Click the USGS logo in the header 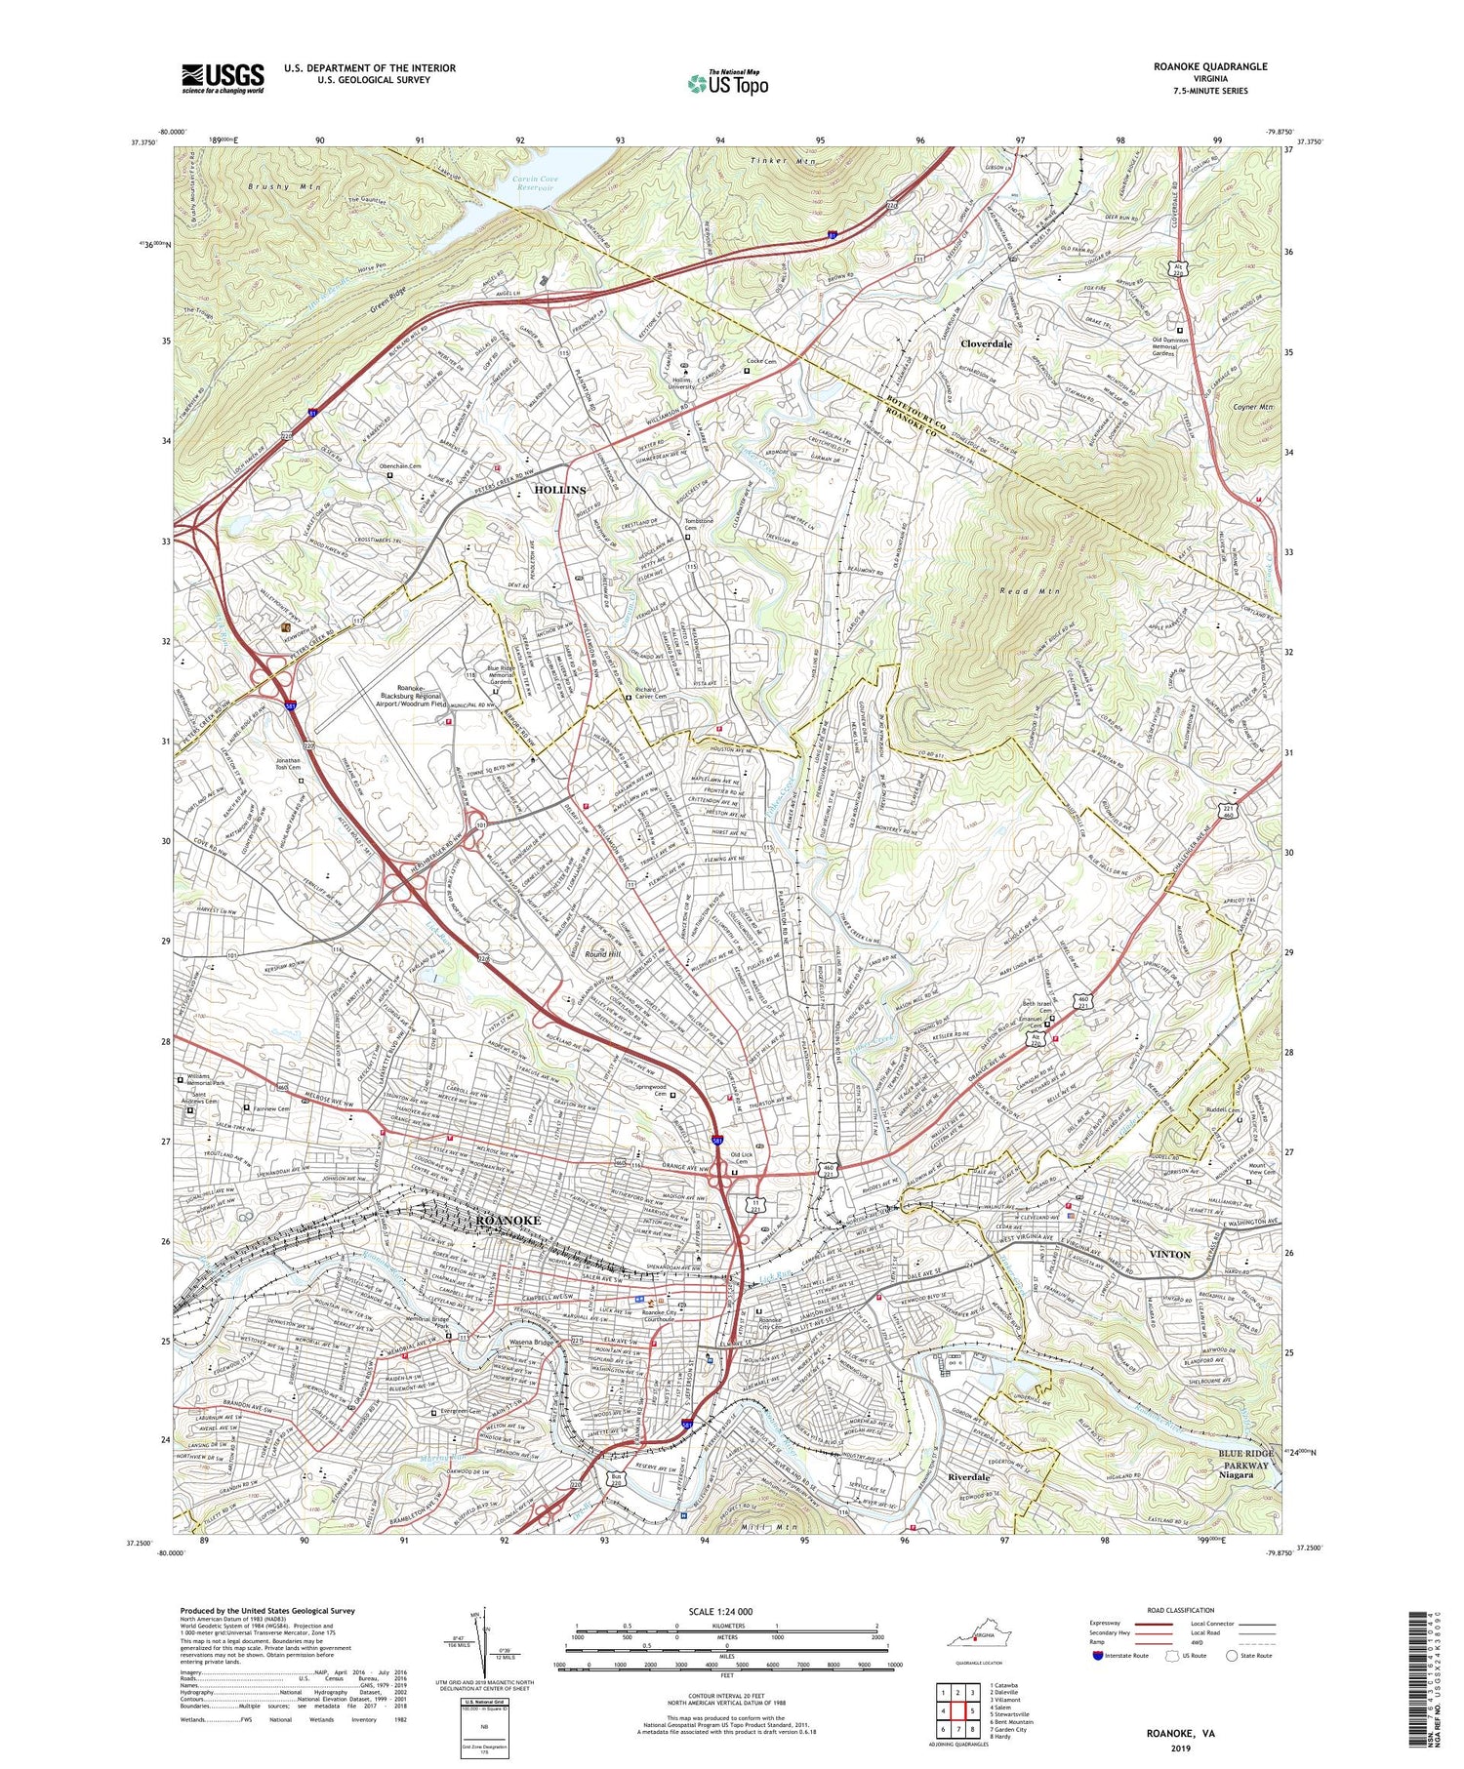click(223, 78)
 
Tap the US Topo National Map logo click(727, 83)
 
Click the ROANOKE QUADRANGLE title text click(1210, 66)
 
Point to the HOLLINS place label click(560, 489)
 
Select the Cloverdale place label click(986, 344)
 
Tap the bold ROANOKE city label click(507, 1222)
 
